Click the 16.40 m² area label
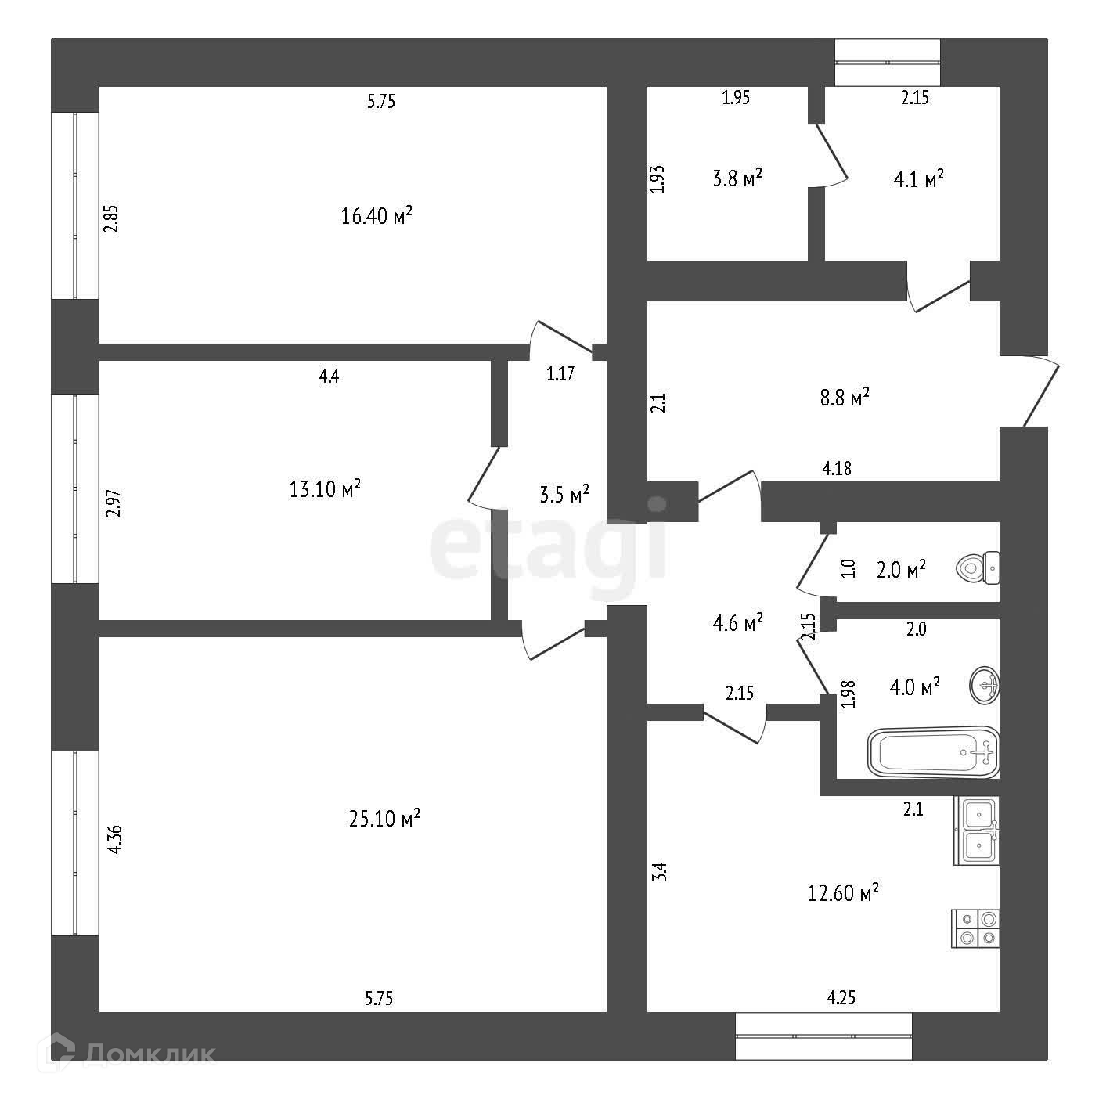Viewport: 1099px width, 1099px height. click(377, 215)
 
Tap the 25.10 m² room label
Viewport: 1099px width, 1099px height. click(384, 819)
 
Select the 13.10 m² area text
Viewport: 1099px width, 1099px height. click(325, 489)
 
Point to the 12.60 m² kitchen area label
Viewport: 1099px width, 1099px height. click(843, 892)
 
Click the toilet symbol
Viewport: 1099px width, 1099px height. click(978, 567)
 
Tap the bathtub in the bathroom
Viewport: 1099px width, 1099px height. click(933, 751)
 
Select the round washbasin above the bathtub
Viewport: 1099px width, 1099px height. click(984, 686)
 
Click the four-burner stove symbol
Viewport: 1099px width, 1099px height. click(976, 928)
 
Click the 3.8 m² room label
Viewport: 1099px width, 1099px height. click(737, 178)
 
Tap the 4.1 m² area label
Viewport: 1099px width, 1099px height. click(918, 179)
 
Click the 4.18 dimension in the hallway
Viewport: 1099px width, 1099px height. click(837, 469)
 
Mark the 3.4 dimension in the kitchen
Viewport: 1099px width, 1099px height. click(659, 872)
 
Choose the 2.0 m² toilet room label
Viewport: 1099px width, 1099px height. click(901, 568)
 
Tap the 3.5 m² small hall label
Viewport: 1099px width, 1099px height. click(564, 495)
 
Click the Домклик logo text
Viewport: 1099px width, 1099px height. click(149, 1054)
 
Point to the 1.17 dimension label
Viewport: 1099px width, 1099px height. click(560, 374)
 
